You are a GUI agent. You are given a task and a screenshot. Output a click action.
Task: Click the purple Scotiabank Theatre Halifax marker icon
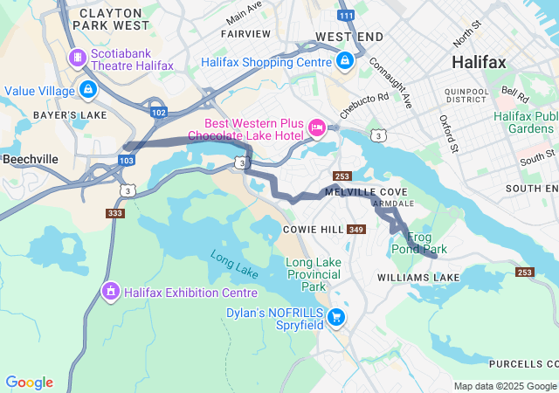78,58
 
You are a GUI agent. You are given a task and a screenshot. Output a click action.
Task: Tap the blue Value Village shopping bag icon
87,89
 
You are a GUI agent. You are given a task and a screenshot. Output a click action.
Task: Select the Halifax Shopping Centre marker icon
345,61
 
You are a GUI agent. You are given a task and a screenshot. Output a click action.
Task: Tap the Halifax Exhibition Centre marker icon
110,291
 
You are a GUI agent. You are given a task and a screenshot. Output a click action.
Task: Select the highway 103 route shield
128,161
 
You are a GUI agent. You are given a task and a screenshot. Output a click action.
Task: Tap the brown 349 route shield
355,230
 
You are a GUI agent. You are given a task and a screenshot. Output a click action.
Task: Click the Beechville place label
31,160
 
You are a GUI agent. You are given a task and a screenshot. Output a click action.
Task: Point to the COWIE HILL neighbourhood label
313,229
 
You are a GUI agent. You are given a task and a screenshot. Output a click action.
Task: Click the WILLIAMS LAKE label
418,277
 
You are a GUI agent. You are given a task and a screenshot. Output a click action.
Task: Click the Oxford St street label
449,132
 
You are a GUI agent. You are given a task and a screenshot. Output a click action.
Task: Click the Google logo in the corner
30,382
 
